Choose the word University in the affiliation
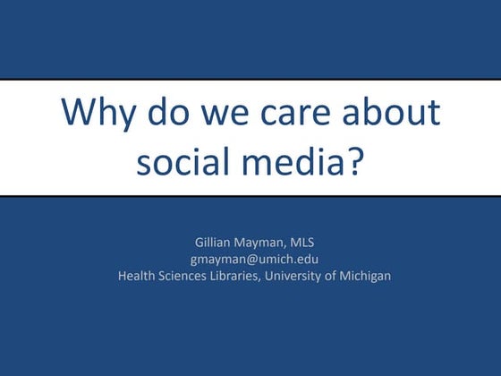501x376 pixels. pos(306,276)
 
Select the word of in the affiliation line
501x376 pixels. pos(339,276)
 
